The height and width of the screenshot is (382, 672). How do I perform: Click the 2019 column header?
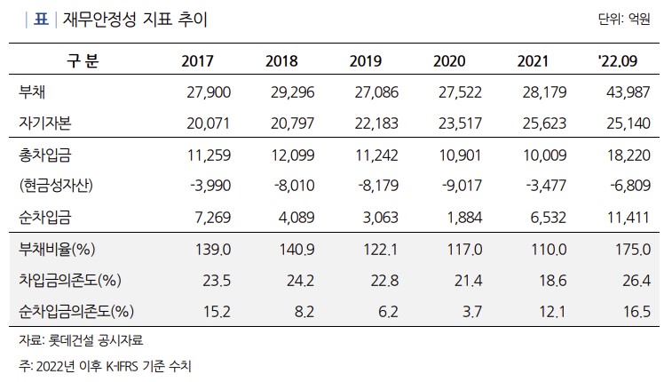366,61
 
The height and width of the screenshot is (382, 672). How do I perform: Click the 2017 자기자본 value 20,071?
205,123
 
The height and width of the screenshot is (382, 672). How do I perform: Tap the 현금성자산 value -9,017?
458,186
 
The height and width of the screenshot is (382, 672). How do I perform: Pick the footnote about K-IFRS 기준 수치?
104,365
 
